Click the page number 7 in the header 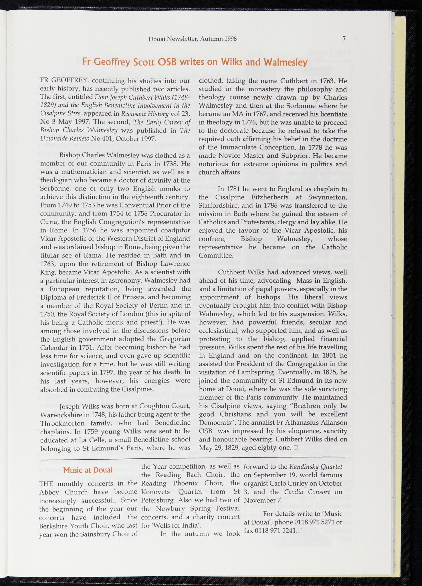(x=344, y=38)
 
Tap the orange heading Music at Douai (x=88, y=470)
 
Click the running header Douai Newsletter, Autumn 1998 (x=193, y=39)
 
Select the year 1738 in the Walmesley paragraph (x=168, y=164)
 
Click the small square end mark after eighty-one (x=296, y=447)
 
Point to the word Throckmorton (x=62, y=423)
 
